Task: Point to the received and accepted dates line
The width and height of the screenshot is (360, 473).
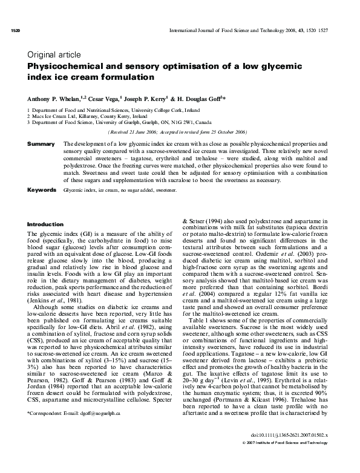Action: (x=175, y=131)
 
